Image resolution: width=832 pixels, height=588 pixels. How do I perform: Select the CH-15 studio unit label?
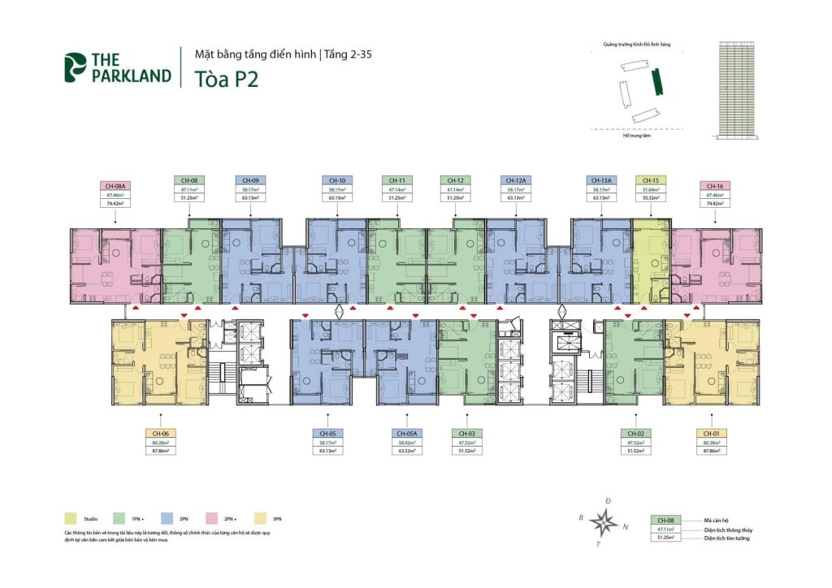click(650, 180)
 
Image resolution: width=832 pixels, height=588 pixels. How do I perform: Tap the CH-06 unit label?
click(161, 434)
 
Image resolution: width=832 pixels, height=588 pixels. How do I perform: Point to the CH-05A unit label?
click(407, 434)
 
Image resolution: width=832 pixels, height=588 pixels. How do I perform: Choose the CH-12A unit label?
click(514, 180)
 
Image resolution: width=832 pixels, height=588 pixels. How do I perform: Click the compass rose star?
click(602, 521)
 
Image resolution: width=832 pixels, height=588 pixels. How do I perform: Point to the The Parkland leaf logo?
click(75, 67)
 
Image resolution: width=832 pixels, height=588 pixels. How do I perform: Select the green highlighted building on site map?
click(658, 81)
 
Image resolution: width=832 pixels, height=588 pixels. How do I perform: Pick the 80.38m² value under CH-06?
click(161, 443)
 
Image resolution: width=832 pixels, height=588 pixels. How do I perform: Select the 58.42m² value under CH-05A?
click(407, 443)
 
